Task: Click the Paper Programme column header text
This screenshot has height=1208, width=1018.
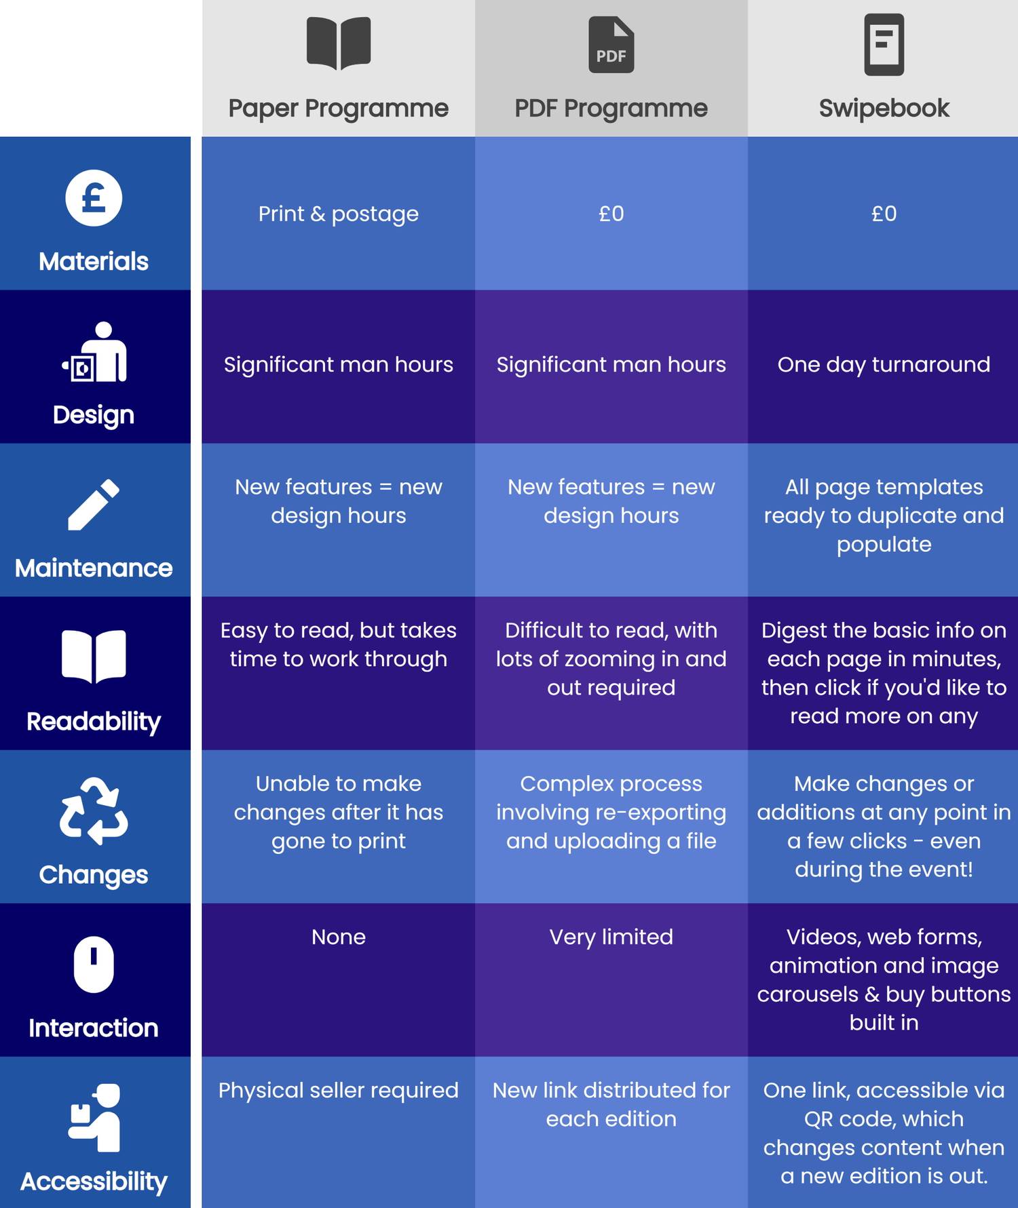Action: click(338, 109)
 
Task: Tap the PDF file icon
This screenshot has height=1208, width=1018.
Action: click(611, 45)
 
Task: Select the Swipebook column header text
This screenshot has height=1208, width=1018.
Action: click(884, 109)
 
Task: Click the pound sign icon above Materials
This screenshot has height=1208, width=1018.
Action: click(94, 198)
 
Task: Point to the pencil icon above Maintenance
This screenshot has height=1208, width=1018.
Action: click(94, 505)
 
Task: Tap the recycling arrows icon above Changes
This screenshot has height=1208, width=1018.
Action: click(94, 811)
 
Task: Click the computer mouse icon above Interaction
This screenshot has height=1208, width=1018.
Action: click(94, 964)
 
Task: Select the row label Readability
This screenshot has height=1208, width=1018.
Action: click(94, 722)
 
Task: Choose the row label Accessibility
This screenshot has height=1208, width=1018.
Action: click(94, 1182)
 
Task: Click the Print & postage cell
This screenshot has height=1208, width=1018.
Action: click(338, 214)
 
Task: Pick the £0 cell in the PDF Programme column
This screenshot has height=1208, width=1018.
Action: click(611, 214)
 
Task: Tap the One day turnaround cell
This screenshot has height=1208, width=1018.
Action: click(884, 365)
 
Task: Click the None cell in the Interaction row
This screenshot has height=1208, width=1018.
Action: click(338, 937)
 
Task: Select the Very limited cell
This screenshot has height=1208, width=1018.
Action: click(611, 937)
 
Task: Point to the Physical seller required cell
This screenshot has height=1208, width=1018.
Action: click(338, 1091)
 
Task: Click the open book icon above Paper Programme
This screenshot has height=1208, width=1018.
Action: click(338, 43)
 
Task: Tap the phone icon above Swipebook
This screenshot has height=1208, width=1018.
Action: click(884, 45)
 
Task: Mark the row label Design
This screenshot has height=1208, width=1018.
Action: click(94, 415)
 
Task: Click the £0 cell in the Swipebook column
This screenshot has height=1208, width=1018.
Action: click(884, 214)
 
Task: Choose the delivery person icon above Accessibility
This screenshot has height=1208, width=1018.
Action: click(95, 1117)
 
